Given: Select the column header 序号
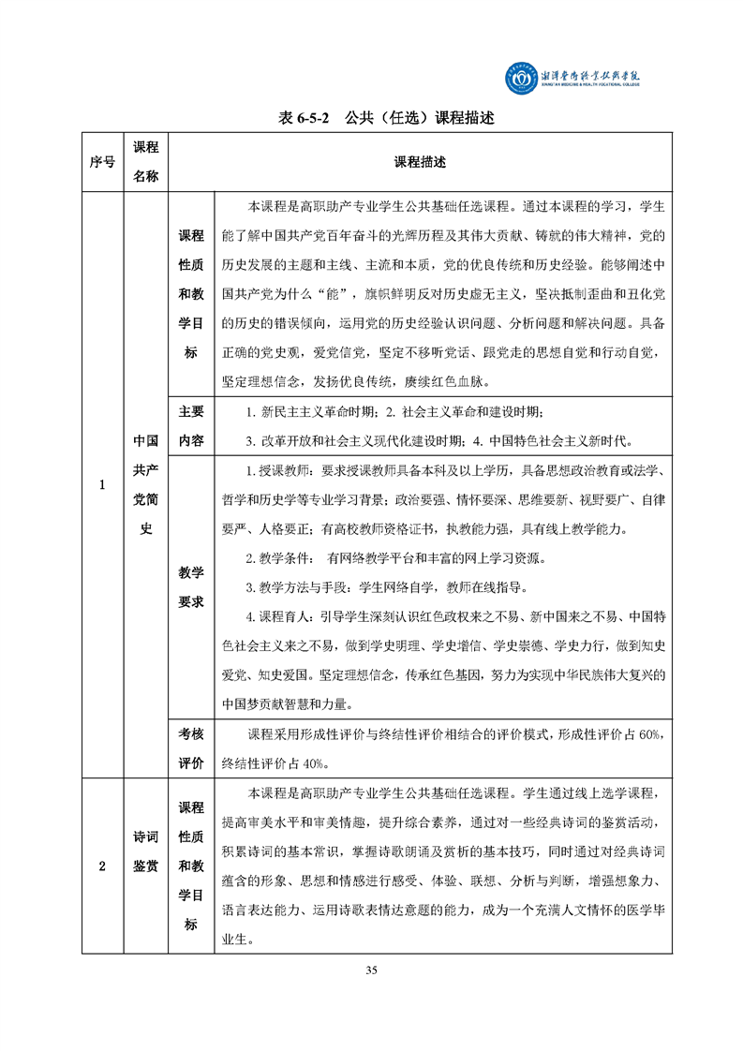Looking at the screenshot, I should coord(102,162).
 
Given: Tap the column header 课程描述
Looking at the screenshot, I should coord(420,162).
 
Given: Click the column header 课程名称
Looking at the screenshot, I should coord(145,162).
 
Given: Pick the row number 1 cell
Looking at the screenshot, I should coord(102,484).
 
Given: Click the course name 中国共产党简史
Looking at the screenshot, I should coord(145,484).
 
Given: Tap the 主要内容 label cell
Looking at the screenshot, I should coord(191,426).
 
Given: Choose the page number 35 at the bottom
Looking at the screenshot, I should coord(372,970).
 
